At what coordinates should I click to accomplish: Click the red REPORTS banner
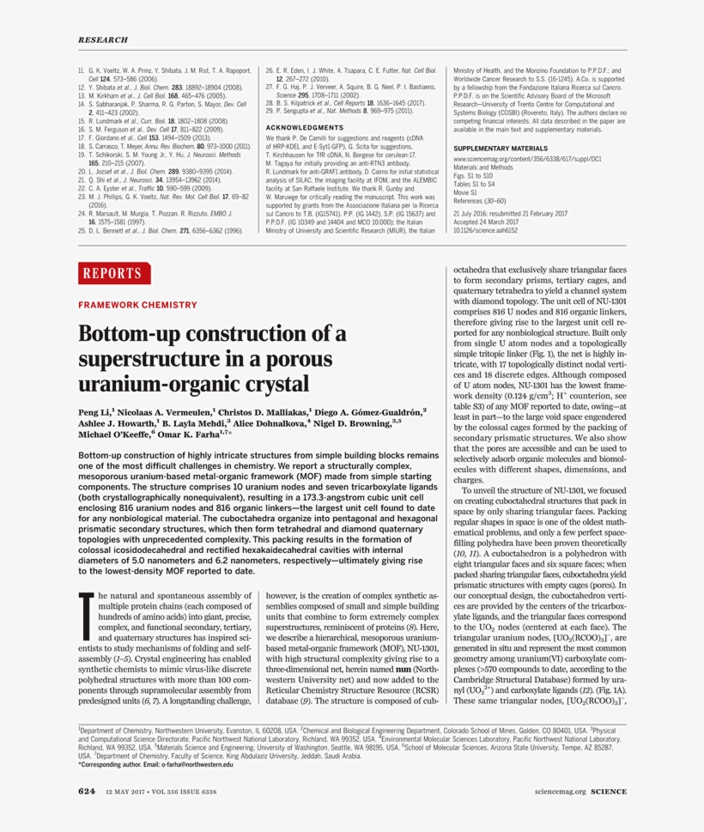click(112, 274)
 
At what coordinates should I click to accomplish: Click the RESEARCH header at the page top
click(103, 39)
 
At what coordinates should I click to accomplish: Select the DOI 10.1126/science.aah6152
click(485, 230)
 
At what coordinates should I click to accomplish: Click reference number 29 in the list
click(269, 111)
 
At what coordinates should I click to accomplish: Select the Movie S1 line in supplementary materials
click(468, 193)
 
